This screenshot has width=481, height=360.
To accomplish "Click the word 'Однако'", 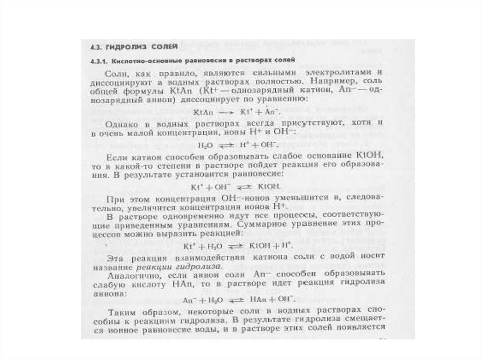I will pyautogui.click(x=121, y=125).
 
